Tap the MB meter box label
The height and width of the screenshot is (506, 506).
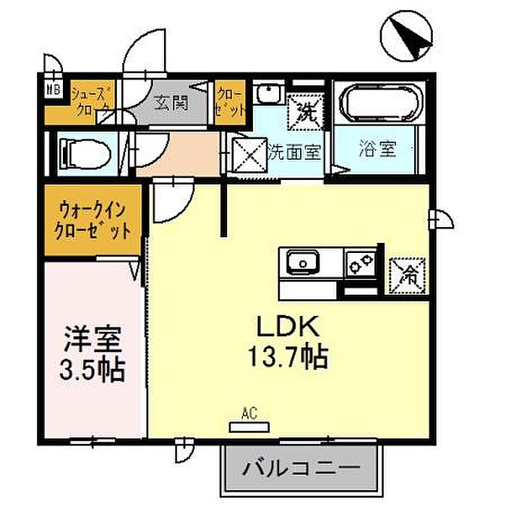tap(54, 90)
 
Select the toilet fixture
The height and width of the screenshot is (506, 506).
tap(85, 153)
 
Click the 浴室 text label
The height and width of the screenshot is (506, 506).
tap(377, 150)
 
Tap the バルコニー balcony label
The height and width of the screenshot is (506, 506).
tap(300, 466)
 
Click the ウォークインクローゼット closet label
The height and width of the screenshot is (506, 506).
tap(95, 220)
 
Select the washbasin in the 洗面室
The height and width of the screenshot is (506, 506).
tap(269, 94)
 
